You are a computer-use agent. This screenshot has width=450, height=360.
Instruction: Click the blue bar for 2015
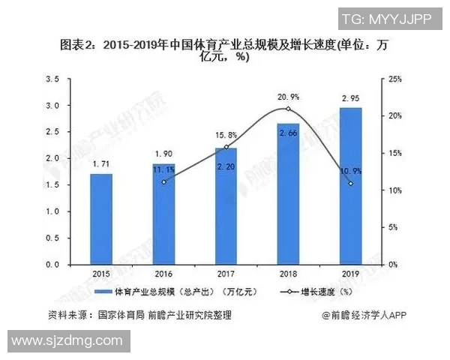point(101,219)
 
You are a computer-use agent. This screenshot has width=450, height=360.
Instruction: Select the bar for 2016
point(163,214)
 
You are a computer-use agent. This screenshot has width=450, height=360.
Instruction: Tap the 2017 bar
point(226,206)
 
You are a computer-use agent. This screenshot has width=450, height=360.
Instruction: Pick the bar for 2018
point(288,193)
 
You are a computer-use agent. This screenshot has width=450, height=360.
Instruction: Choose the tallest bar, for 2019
point(350,186)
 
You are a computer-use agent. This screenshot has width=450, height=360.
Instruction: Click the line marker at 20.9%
point(288,109)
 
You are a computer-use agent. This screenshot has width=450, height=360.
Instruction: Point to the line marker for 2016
point(163,181)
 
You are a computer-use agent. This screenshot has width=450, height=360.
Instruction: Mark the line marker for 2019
point(350,184)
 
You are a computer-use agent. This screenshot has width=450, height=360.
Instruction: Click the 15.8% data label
point(226,135)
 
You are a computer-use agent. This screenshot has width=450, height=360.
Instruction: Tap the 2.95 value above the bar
point(350,97)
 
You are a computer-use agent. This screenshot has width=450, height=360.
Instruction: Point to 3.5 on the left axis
point(52,79)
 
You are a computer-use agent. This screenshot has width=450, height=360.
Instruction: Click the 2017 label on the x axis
point(226,274)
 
